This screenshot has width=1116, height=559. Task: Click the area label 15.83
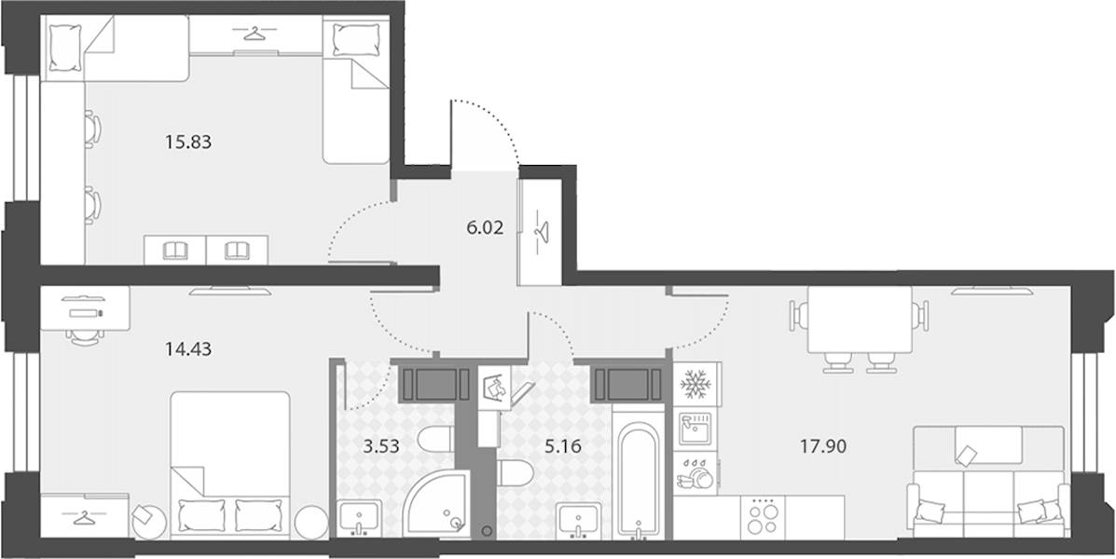click(x=188, y=143)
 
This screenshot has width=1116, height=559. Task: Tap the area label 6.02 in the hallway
click(x=485, y=227)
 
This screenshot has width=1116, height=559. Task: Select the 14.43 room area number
click(x=188, y=349)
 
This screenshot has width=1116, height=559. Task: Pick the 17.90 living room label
click(x=823, y=447)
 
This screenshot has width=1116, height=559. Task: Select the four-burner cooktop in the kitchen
click(x=763, y=517)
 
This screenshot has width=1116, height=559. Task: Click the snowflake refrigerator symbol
click(x=696, y=384)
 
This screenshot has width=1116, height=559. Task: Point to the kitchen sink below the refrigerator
click(x=696, y=429)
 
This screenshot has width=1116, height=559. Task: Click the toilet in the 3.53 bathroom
click(x=435, y=440)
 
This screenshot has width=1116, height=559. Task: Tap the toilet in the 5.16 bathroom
click(x=516, y=473)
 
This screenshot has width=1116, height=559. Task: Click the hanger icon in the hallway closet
click(x=542, y=232)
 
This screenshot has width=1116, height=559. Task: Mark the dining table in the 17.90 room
click(x=860, y=320)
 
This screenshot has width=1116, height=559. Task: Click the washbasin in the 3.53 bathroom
click(x=360, y=517)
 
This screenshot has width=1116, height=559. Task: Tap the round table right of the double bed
click(x=311, y=522)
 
